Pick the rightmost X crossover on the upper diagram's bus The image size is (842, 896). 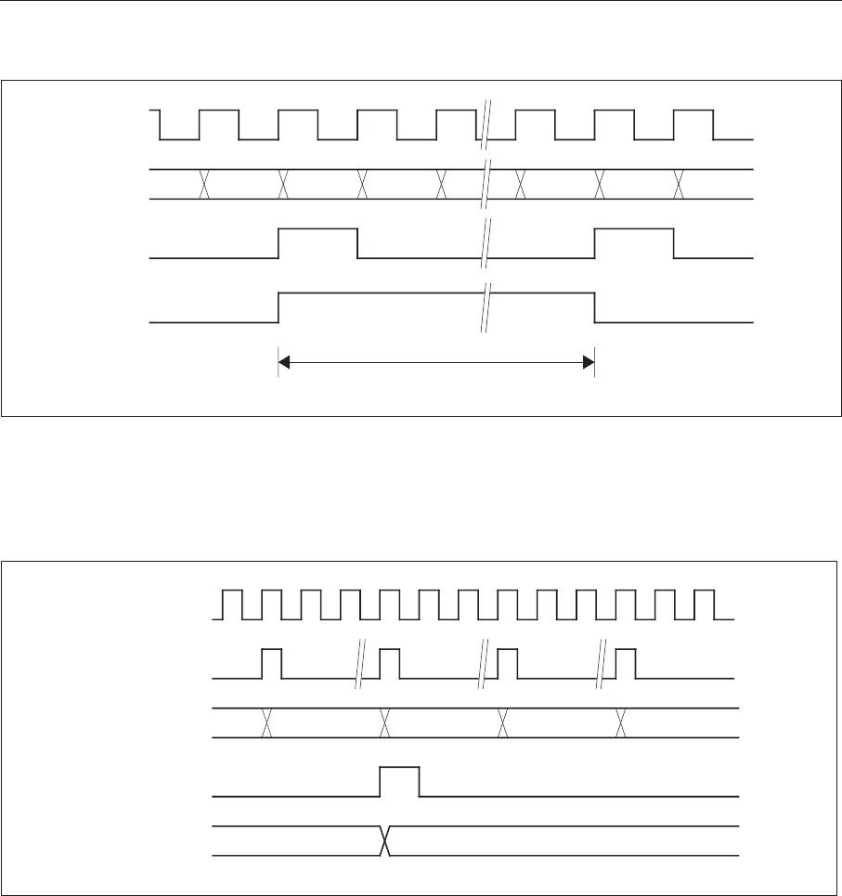click(679, 184)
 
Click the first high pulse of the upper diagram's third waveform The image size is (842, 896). click(317, 243)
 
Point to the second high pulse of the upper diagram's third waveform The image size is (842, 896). click(634, 243)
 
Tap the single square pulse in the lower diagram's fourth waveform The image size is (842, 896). click(400, 782)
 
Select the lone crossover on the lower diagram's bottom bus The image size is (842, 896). click(383, 840)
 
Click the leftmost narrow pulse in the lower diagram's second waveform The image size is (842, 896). click(272, 664)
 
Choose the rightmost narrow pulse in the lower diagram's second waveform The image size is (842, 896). click(627, 664)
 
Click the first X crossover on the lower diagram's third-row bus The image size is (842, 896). click(266, 722)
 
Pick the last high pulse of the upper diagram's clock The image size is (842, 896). click(693, 124)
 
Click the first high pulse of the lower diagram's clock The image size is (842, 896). click(230, 604)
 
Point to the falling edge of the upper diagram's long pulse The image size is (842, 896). click(594, 307)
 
